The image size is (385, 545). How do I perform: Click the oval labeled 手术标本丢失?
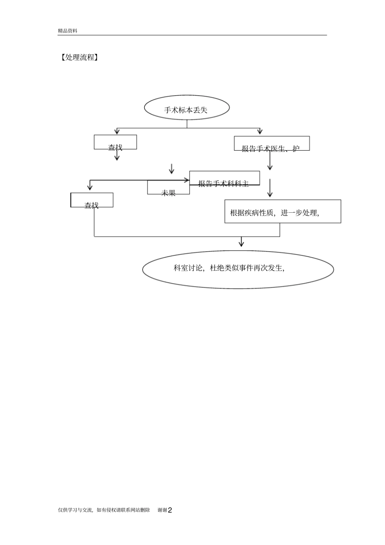point(187,108)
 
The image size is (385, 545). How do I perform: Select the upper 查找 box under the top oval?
point(115,143)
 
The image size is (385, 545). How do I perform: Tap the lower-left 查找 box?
point(92,200)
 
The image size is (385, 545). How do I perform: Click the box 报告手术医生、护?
point(272,144)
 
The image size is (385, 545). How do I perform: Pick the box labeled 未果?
point(168,188)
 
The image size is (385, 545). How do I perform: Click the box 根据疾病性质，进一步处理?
point(282,212)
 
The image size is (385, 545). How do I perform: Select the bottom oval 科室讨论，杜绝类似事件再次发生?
point(238,269)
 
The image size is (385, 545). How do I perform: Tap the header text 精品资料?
point(67,31)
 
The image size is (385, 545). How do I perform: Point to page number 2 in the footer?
point(170,510)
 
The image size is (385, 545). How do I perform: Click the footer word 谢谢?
point(162,510)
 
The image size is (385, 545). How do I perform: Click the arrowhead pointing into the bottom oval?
point(242,243)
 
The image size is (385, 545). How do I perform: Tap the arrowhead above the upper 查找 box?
point(117,131)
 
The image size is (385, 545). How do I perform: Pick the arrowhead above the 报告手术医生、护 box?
point(260,131)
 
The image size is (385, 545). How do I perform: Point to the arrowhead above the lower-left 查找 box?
point(90,187)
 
